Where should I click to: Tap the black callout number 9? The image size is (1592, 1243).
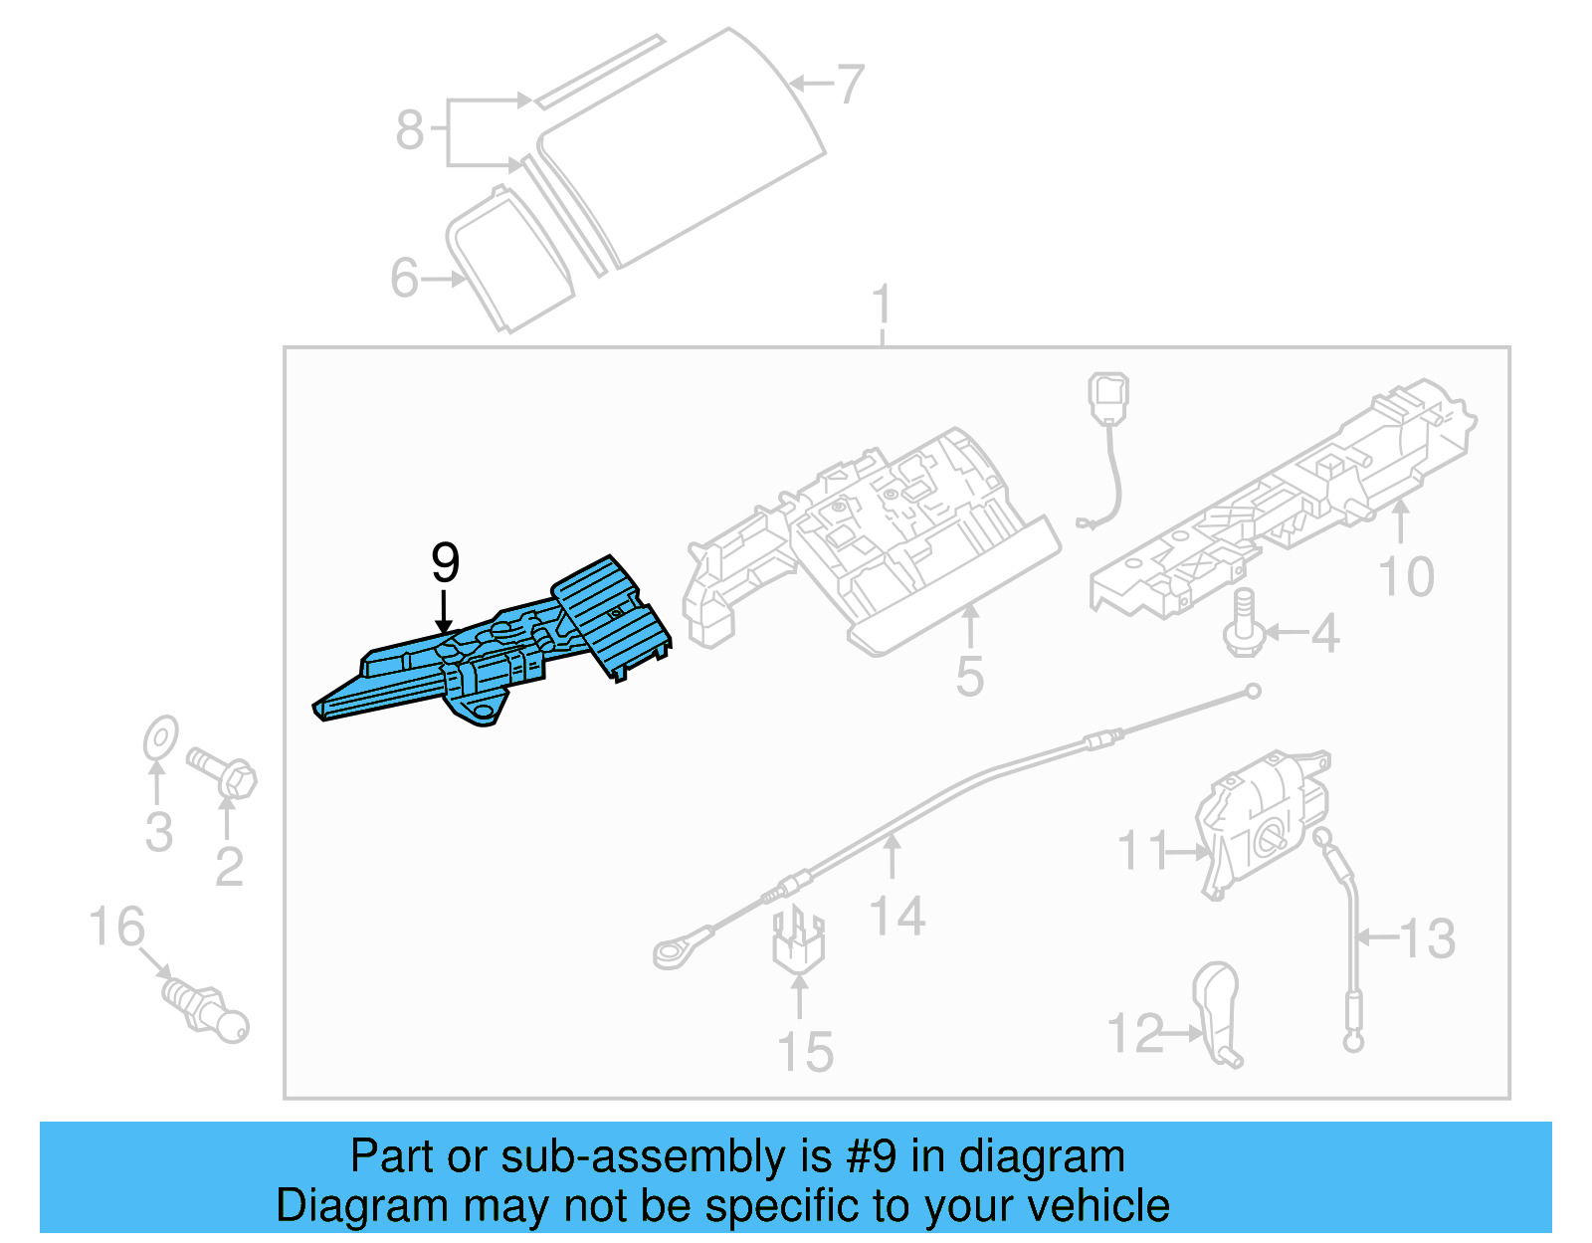click(x=445, y=563)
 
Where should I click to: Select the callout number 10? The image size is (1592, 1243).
click(x=1406, y=577)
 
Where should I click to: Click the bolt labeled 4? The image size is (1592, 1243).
click(x=1244, y=624)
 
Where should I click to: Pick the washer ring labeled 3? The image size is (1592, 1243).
click(x=159, y=738)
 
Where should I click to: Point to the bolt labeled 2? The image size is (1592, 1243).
click(x=224, y=771)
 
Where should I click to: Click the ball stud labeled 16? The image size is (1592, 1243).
click(x=207, y=1008)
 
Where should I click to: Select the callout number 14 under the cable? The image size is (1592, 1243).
click(x=896, y=916)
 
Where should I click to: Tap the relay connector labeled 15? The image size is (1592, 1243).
click(x=798, y=940)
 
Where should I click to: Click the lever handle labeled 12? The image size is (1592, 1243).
click(x=1217, y=1010)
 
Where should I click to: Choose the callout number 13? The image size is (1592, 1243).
click(x=1428, y=938)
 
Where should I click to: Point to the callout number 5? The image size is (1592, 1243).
click(x=969, y=677)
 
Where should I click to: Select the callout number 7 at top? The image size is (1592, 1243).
click(x=849, y=85)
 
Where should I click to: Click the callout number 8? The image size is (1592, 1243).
click(x=409, y=130)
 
